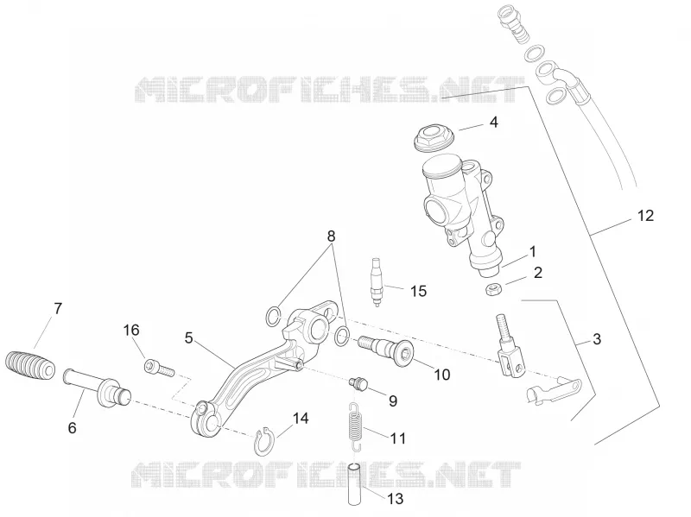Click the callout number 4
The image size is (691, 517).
coord(493,122)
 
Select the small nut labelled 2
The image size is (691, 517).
coord(491,290)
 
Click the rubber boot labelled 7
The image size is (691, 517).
coord(30,365)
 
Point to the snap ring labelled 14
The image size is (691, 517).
coord(264,441)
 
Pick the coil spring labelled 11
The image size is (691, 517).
coord(355,426)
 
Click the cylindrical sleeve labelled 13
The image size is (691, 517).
coord(356,484)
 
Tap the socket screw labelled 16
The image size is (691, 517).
coord(160,369)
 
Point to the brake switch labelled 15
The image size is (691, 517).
coord(377,282)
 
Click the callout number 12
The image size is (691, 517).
coord(645,216)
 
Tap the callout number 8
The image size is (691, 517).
coord(331,236)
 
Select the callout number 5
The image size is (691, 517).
coord(188,338)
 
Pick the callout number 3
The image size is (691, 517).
coord(596,339)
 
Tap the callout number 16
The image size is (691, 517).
coord(131,330)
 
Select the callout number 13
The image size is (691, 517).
coord(395,499)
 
